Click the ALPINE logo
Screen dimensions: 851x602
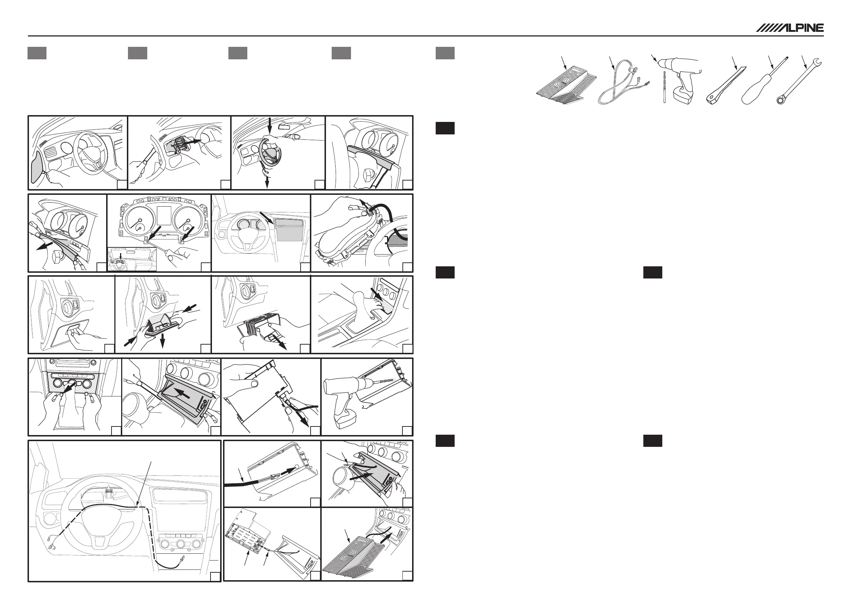point(790,28)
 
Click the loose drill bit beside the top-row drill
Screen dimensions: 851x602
point(664,87)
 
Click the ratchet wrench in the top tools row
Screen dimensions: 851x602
point(798,81)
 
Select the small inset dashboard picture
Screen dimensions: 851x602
point(132,259)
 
